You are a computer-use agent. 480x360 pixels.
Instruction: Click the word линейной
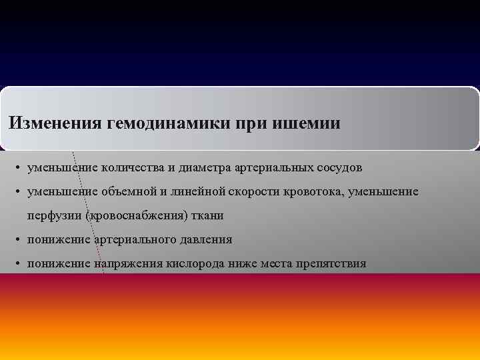[173, 191]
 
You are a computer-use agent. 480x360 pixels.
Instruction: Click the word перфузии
[51, 215]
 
